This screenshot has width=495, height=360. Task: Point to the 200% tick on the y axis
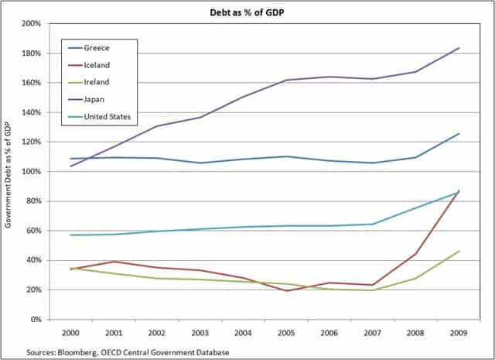(x=30, y=24)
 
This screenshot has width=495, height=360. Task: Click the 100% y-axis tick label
(x=30, y=172)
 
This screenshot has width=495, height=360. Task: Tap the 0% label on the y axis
(x=35, y=319)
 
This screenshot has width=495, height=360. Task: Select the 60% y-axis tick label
(x=32, y=231)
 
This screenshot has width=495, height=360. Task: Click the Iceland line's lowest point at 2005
(x=286, y=290)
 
